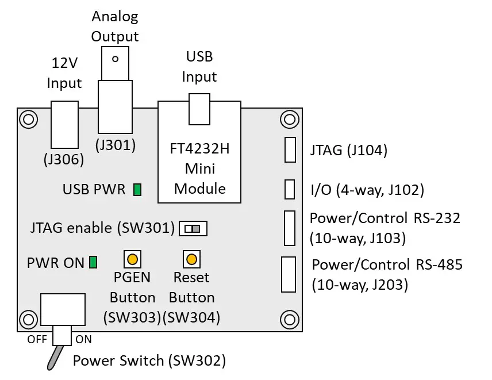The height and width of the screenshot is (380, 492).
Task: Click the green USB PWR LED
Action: [x=137, y=190]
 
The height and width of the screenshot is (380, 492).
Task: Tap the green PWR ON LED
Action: [x=93, y=263]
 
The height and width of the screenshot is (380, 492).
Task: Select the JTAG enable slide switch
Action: [x=193, y=229]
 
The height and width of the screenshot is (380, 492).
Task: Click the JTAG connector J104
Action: [x=290, y=150]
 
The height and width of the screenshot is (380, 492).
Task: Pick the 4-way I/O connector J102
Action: [x=290, y=189]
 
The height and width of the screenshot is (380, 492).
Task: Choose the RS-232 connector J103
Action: [x=289, y=228]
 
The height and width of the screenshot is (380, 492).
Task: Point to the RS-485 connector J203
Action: [x=288, y=274]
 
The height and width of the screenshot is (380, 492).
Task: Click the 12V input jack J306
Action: [x=64, y=125]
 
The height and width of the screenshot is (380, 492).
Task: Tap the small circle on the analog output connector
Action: [x=116, y=59]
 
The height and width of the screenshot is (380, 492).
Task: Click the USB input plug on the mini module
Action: [x=199, y=109]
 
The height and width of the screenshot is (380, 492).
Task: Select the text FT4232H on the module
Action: [x=200, y=149]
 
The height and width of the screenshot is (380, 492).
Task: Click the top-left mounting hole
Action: [x=27, y=119]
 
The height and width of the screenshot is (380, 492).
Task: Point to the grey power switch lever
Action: [x=53, y=356]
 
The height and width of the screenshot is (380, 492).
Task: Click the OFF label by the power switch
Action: [x=37, y=339]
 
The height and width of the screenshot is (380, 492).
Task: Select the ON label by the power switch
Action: [x=83, y=339]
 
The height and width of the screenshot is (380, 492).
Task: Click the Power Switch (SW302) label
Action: [x=149, y=361]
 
